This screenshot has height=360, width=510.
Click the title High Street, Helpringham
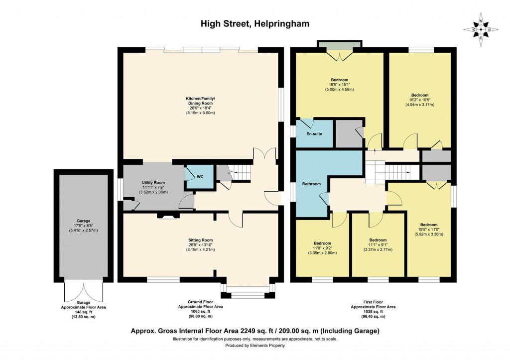pos(255,23)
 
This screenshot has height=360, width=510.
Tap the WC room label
pos(200,177)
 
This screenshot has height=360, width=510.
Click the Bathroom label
pos(311,184)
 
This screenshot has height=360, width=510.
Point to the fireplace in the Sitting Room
pos(166,216)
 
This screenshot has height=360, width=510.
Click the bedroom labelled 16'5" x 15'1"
pos(339,80)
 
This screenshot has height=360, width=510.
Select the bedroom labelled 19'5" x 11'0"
pos(428,225)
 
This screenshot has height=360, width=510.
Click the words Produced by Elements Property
pos(255,346)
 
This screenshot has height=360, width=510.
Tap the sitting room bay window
pos(248,292)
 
